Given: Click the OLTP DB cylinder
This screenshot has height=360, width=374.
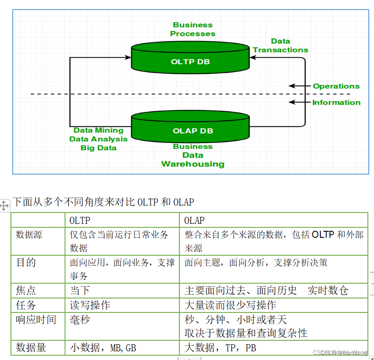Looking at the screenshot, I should tap(190, 59).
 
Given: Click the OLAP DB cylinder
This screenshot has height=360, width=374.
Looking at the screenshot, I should tap(190, 127).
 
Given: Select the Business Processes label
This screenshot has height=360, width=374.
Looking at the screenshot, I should tap(192, 29).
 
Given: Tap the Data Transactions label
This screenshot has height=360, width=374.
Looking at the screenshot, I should tap(280, 45).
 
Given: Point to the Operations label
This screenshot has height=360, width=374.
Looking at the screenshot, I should tap(336, 86).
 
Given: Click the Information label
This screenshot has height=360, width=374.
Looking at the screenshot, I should tap(336, 103).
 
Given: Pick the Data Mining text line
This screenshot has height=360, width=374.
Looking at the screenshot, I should tap(98, 130).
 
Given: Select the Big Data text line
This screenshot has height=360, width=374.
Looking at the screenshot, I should tap(98, 147).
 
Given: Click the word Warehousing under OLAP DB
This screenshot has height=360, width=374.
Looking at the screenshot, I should tap(192, 164).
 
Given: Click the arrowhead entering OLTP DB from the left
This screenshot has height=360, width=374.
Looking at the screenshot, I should tap(128, 57).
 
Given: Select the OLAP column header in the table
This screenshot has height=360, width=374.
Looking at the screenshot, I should tap(194, 220).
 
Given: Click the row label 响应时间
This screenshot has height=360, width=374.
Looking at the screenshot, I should tap(36, 319).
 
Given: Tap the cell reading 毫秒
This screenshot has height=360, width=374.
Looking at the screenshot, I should tap(80, 319).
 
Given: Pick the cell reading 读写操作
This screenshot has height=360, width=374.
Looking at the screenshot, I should tap(90, 305).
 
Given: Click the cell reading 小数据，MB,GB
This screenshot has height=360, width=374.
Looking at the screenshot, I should tap(103, 348).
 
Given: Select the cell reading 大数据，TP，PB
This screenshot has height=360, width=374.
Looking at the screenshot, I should tap(220, 348).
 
